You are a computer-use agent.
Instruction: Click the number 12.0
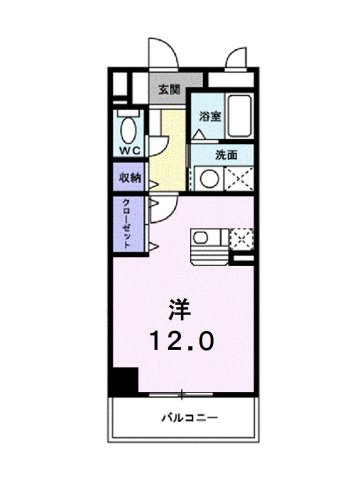(181, 341)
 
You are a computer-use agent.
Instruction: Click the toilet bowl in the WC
(128, 129)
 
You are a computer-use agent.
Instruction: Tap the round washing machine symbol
(210, 180)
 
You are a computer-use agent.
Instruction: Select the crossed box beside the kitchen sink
(240, 239)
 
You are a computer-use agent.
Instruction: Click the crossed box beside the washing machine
(240, 180)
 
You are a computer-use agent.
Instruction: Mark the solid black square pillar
(123, 382)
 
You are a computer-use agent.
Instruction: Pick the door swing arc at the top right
(237, 58)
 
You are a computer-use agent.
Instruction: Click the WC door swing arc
(153, 131)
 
